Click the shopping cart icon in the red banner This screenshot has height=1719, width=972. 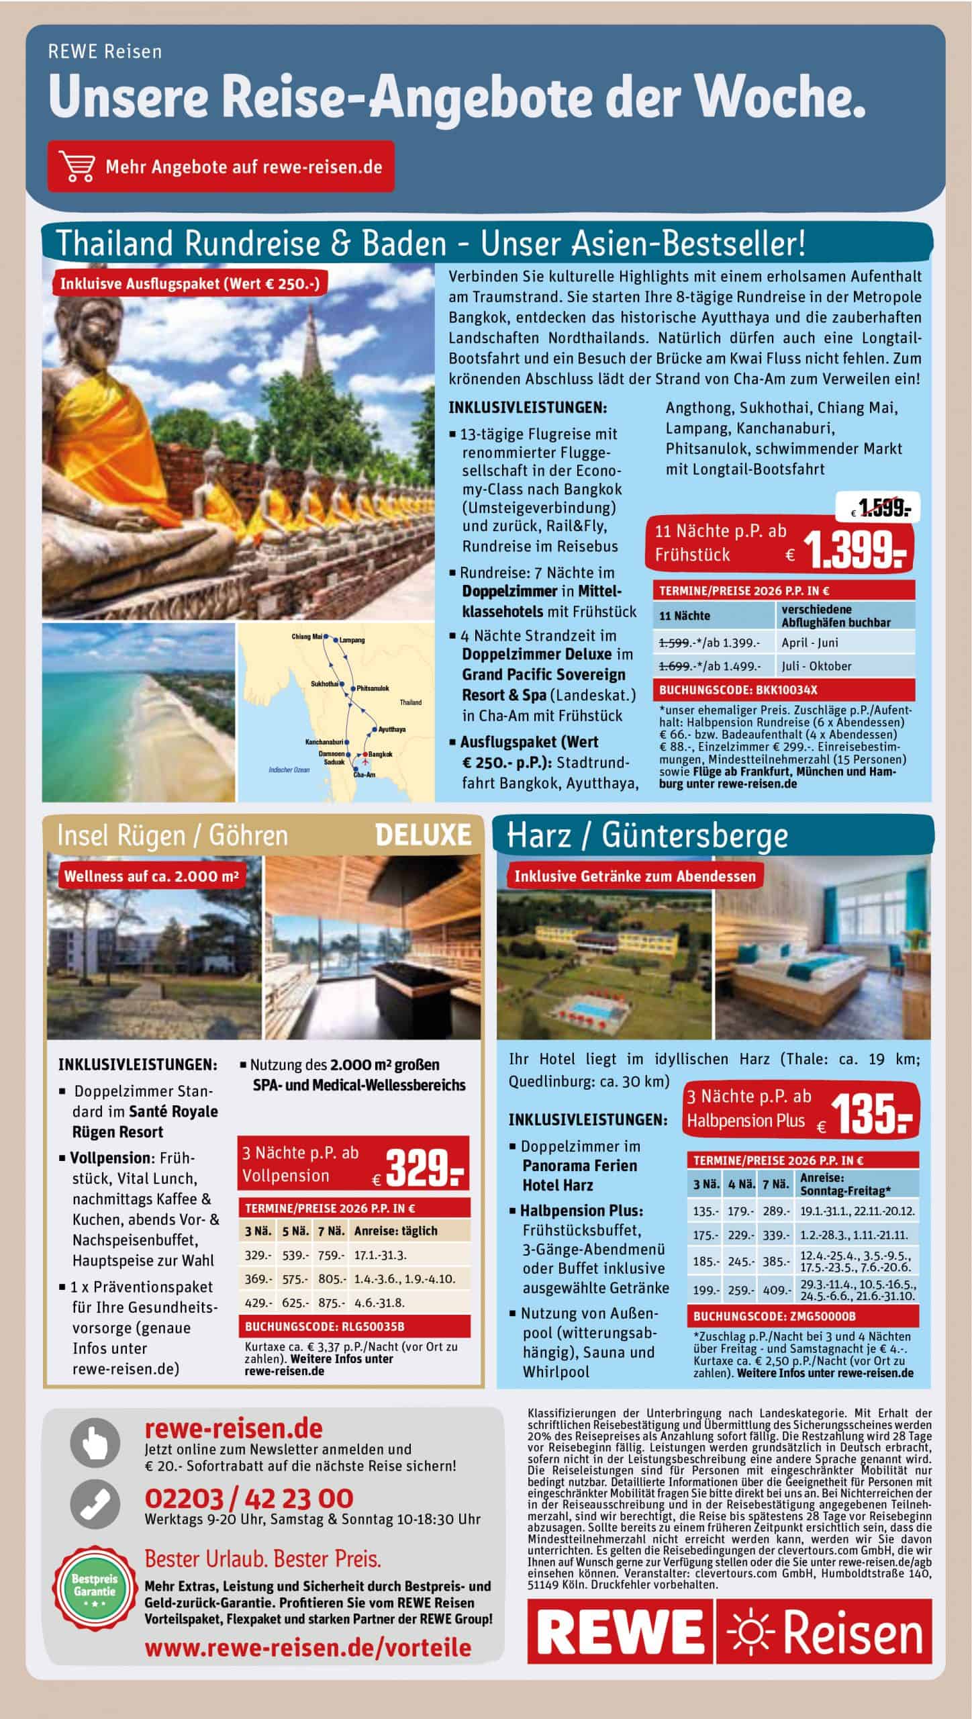[76, 167]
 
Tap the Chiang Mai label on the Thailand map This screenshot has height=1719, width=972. [307, 636]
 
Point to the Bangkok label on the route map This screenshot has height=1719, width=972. [380, 754]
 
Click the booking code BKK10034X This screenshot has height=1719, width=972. [738, 690]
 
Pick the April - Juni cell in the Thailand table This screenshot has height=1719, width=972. [810, 643]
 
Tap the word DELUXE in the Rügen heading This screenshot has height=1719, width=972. [423, 835]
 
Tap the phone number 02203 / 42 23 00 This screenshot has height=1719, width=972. [248, 1498]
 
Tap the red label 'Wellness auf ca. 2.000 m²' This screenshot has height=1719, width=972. [150, 876]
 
